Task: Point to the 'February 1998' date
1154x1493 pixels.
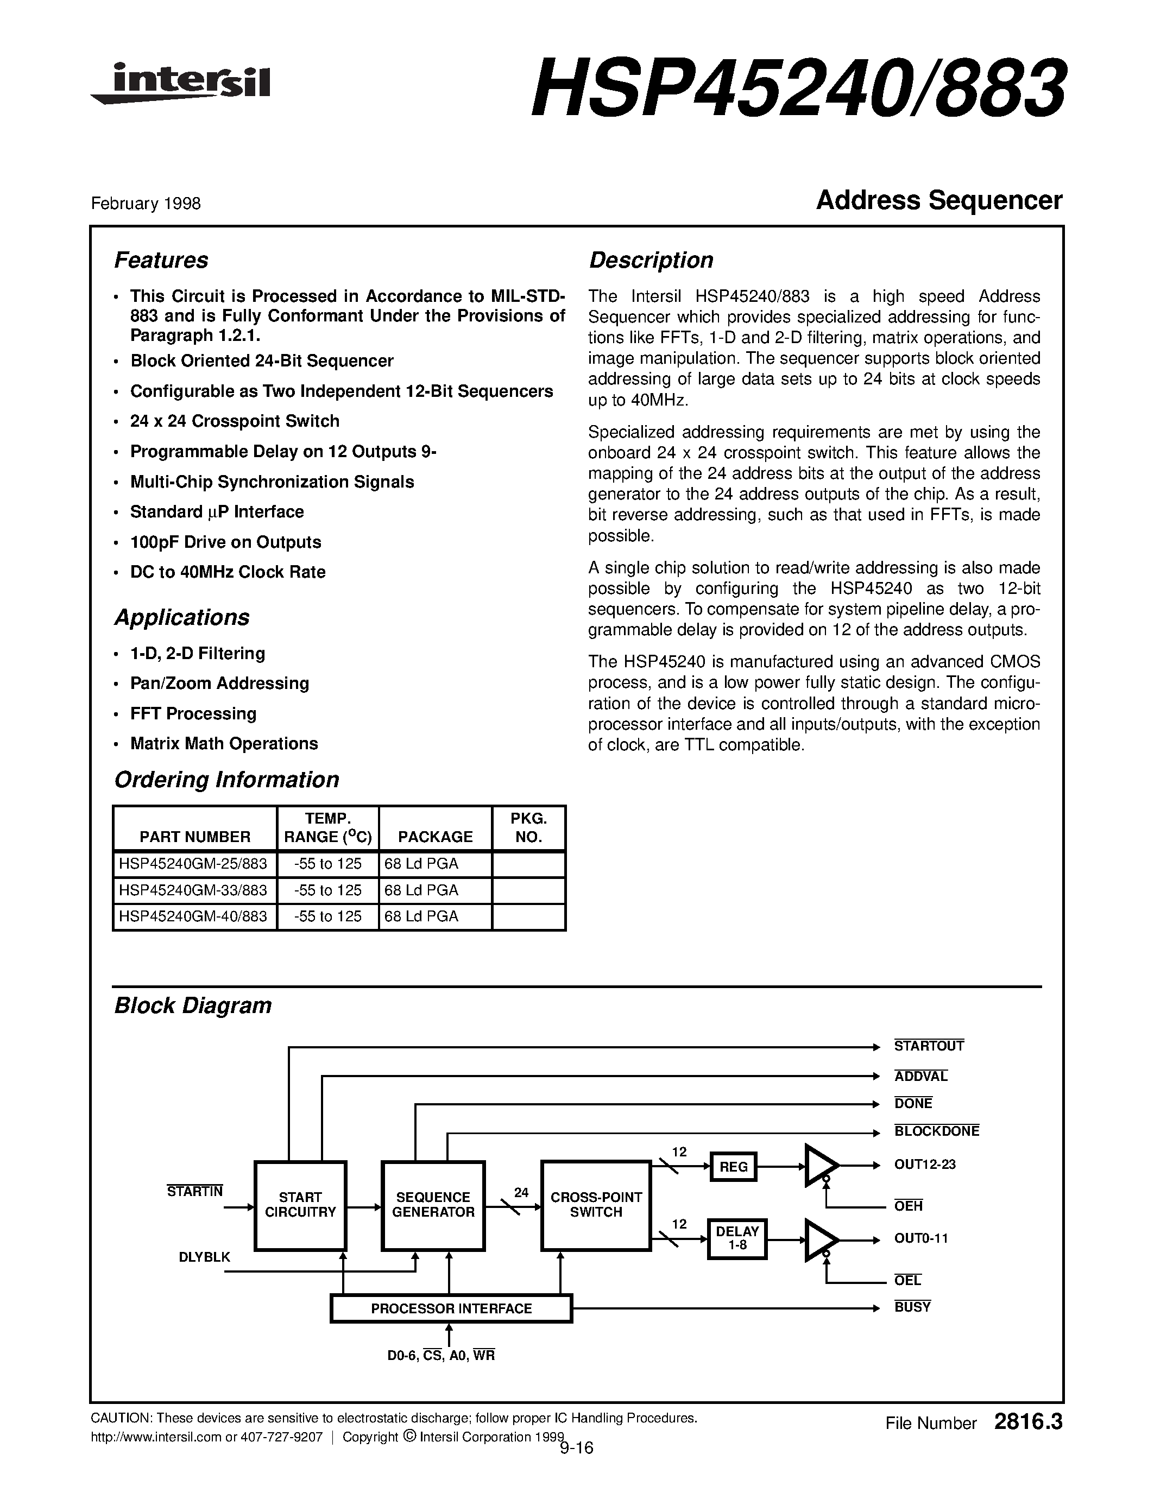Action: click(146, 204)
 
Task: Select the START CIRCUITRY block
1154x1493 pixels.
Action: click(300, 1205)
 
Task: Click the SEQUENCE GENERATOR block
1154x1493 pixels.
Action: click(433, 1205)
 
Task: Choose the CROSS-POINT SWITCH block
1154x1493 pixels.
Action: click(595, 1205)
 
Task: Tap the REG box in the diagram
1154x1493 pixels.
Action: click(733, 1167)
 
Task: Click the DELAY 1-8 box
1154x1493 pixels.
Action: click(736, 1238)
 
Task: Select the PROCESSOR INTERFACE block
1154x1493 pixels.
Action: click(451, 1308)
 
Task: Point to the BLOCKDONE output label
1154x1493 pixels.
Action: click(936, 1131)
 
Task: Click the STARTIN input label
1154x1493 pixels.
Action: click(195, 1192)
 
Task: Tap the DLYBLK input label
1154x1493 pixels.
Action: click(204, 1256)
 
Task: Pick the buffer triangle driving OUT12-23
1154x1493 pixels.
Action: click(819, 1166)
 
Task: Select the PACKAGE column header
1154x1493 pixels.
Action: click(435, 837)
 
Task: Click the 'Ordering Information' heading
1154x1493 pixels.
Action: click(226, 780)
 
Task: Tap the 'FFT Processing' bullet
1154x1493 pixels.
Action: click(193, 714)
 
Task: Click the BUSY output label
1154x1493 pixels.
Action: click(912, 1307)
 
